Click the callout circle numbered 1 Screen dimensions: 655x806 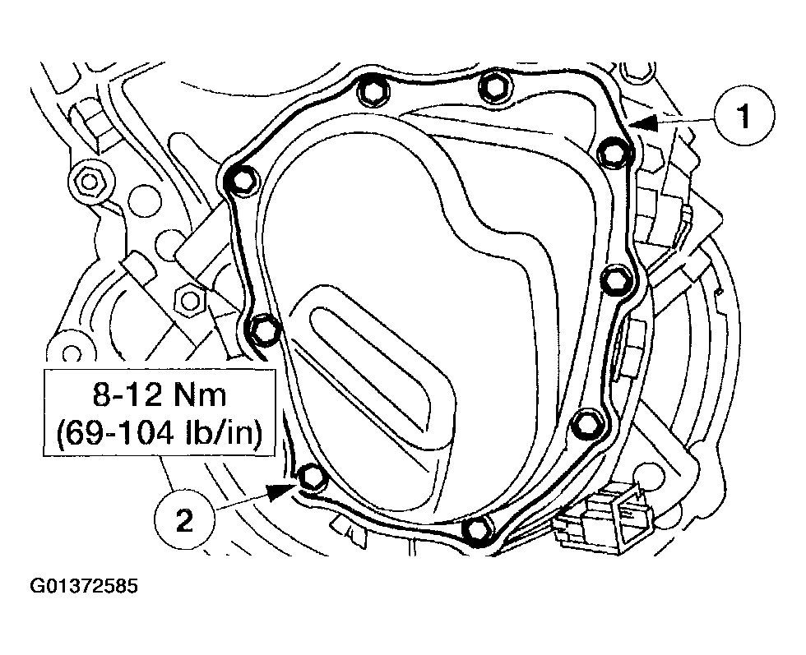click(x=742, y=118)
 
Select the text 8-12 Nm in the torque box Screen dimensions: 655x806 click(x=159, y=395)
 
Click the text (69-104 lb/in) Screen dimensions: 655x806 click(x=159, y=433)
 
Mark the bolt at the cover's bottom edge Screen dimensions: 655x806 click(x=475, y=528)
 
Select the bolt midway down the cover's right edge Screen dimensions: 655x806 click(x=614, y=280)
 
